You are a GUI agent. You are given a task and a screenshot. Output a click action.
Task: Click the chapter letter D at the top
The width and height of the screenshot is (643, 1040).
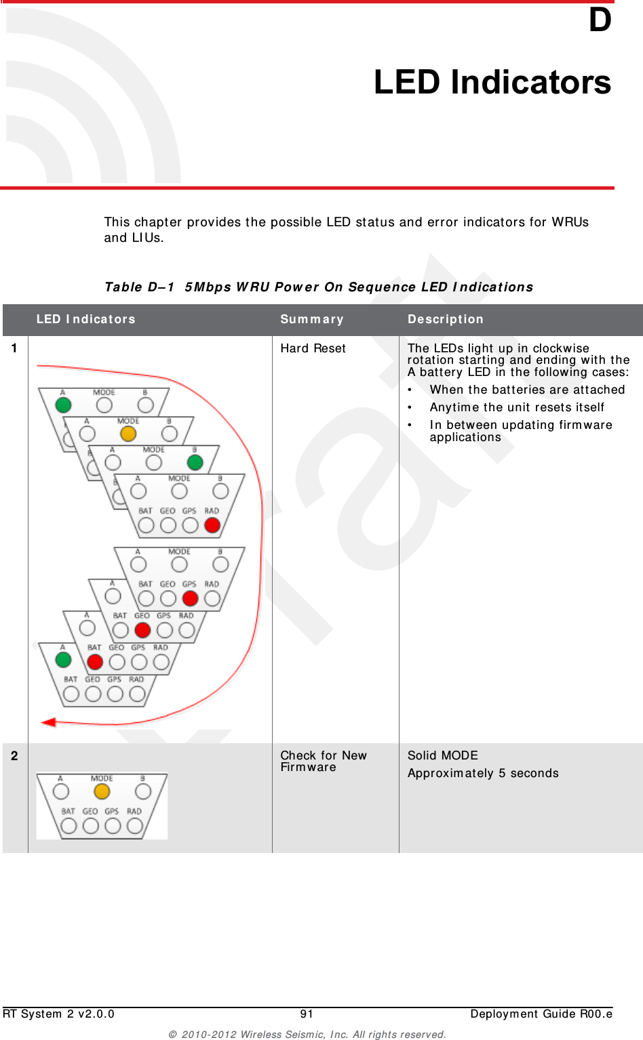(x=600, y=20)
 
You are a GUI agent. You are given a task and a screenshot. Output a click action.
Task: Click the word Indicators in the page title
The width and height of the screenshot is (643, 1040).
(x=530, y=83)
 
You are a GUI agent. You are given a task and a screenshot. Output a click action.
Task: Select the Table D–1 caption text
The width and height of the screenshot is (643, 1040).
(x=319, y=287)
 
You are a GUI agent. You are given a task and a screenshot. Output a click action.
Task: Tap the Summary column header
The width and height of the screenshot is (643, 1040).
(x=312, y=319)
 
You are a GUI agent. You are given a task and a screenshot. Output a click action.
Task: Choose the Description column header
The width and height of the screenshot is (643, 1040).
(x=446, y=319)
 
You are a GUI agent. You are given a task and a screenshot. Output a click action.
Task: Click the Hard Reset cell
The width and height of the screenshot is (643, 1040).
(x=313, y=348)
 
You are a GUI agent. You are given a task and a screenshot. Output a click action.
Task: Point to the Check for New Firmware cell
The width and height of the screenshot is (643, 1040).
(x=323, y=761)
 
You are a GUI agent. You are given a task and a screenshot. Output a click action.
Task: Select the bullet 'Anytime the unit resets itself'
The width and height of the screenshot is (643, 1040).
(x=516, y=407)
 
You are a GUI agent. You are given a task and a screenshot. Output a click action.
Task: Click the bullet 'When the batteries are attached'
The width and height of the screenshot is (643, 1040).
(x=527, y=390)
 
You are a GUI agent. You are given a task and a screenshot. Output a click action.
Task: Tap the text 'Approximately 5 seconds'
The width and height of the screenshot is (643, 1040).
(x=483, y=773)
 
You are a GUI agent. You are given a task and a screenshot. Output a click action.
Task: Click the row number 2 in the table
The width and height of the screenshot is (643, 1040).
(x=14, y=755)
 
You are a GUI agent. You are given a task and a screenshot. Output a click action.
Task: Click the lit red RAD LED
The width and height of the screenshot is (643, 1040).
(x=212, y=525)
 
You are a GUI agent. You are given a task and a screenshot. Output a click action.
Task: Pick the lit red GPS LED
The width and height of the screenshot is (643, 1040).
(x=191, y=598)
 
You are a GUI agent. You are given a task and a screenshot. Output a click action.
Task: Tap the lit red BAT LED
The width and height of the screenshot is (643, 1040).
(x=95, y=662)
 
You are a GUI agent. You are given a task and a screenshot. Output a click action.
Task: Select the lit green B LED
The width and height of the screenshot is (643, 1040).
(x=195, y=462)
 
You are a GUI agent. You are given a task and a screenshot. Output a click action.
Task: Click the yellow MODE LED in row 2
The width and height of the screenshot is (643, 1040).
(x=102, y=791)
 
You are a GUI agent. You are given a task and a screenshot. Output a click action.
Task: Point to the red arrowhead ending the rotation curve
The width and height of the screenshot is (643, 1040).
(x=48, y=722)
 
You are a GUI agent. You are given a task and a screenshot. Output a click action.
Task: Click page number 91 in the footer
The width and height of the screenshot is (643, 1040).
(x=307, y=1014)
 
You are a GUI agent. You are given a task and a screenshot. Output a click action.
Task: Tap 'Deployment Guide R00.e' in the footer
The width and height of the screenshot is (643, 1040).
(x=541, y=1014)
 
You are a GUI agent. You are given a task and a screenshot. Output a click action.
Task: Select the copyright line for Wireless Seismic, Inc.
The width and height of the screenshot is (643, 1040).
(x=307, y=1034)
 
